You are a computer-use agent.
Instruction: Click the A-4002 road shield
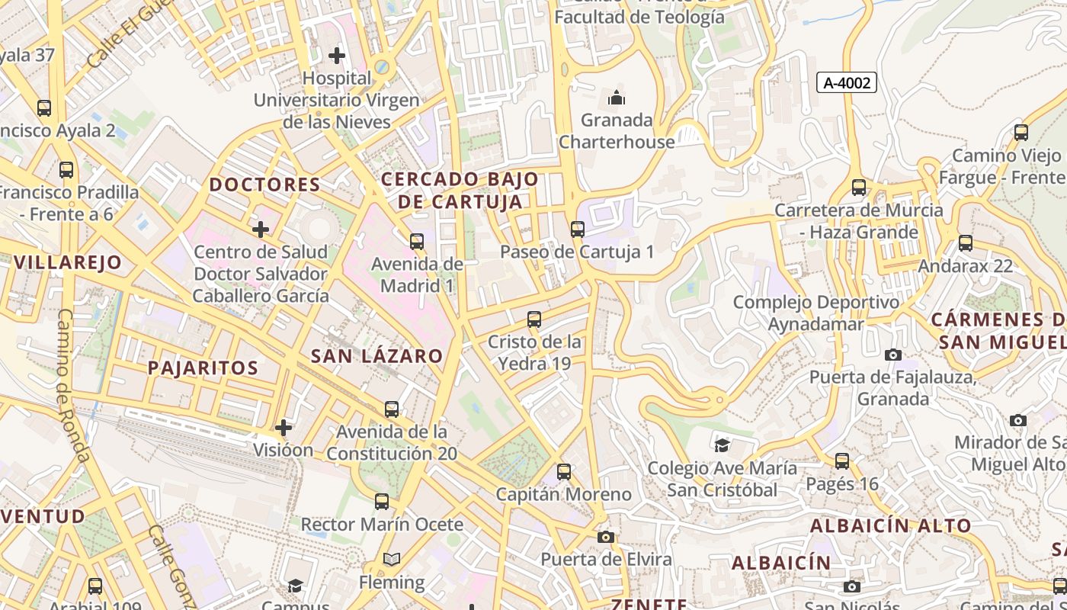click(847, 82)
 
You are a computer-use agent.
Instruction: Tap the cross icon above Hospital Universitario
click(337, 55)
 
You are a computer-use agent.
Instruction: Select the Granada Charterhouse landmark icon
click(616, 98)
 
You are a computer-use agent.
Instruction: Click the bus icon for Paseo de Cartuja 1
click(578, 229)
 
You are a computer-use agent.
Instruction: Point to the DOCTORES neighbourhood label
click(265, 185)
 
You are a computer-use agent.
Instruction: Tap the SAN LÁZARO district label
click(376, 356)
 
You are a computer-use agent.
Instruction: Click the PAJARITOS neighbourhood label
click(203, 368)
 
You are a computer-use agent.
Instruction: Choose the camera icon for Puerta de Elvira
click(606, 537)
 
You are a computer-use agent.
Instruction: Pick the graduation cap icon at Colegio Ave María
click(722, 445)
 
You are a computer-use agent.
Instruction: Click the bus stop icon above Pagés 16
click(842, 461)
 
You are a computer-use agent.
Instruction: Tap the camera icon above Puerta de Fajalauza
click(893, 355)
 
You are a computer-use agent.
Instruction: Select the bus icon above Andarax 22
click(966, 243)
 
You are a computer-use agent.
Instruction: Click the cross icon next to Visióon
click(284, 427)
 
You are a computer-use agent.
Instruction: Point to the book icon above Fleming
click(392, 560)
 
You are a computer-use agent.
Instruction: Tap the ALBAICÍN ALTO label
click(890, 525)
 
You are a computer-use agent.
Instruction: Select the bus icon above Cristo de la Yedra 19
click(534, 319)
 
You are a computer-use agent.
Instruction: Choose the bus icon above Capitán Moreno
click(564, 472)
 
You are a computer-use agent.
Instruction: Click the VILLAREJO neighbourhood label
click(68, 263)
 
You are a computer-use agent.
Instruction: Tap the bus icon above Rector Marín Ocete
click(382, 502)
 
